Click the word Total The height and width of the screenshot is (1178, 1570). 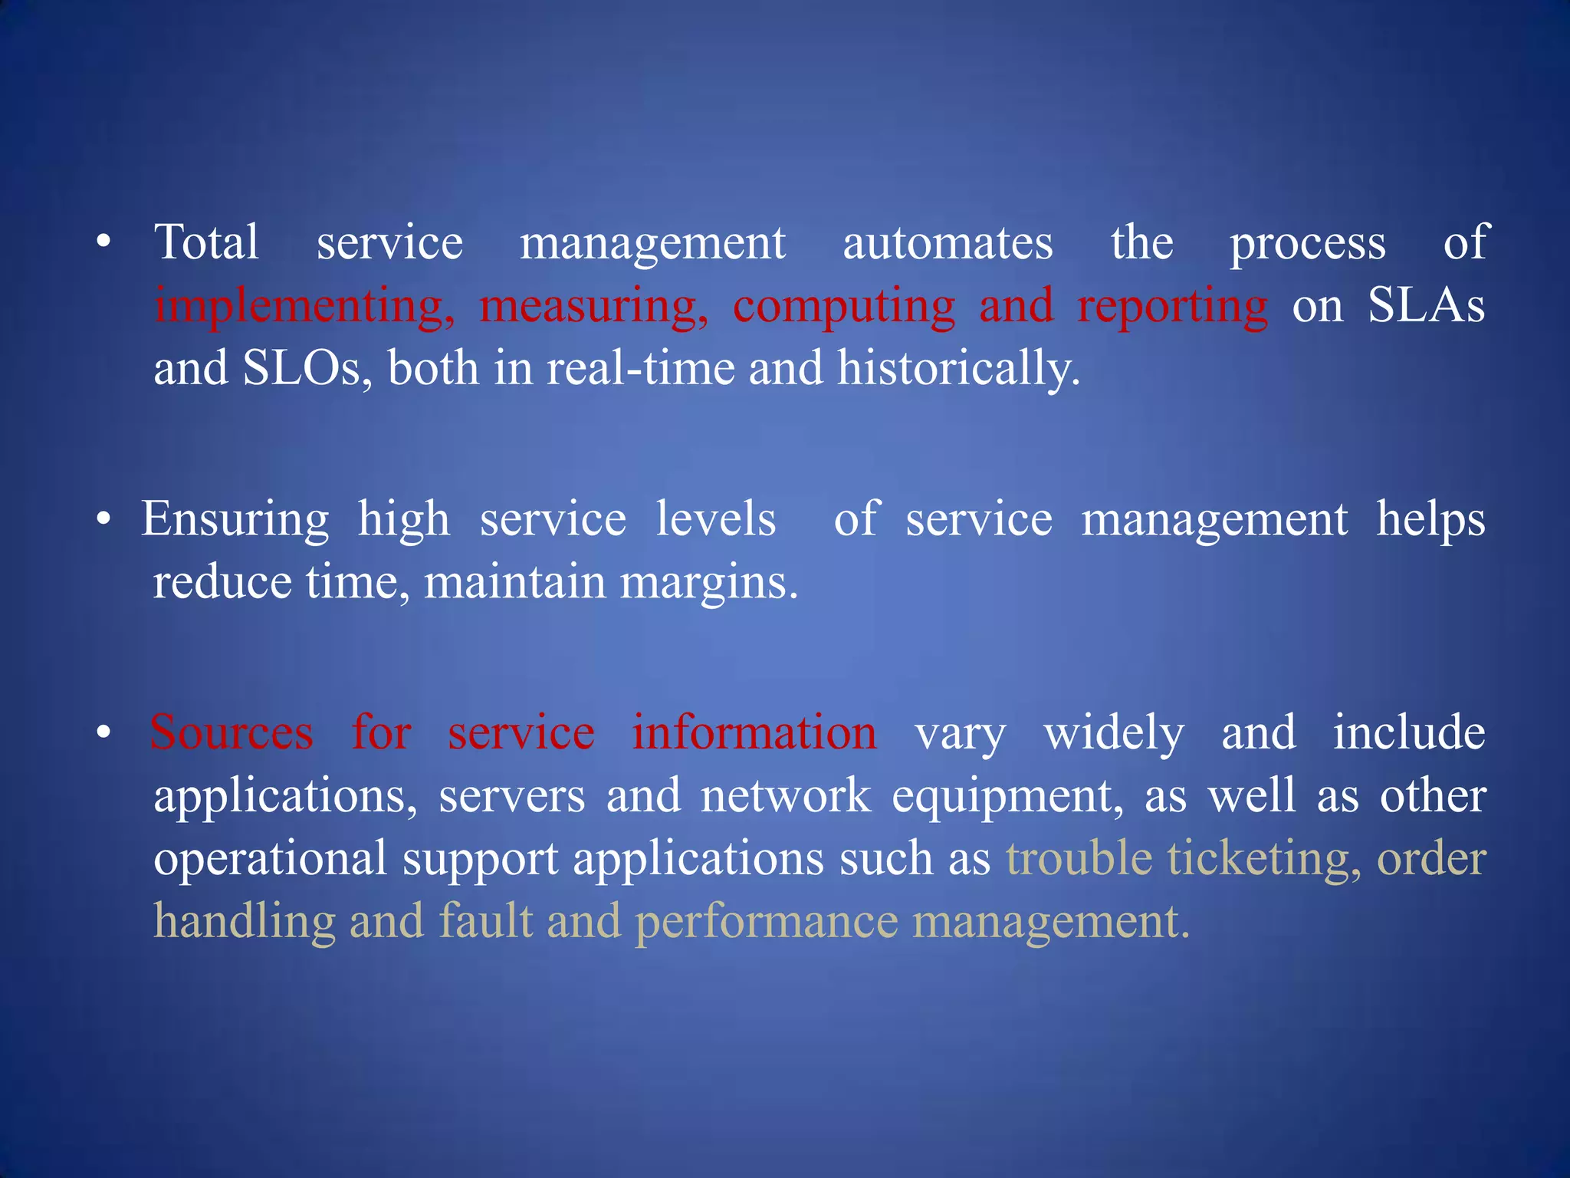pyautogui.click(x=206, y=243)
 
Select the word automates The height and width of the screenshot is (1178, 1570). pyautogui.click(x=948, y=243)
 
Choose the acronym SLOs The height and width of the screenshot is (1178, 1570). pyautogui.click(x=307, y=368)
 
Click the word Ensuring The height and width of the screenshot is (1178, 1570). pyautogui.click(x=235, y=520)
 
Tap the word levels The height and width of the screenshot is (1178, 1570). pyautogui.click(x=716, y=520)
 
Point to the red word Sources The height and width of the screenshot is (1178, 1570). pyautogui.click(x=232, y=733)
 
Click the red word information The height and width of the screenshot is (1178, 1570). pyautogui.click(x=754, y=733)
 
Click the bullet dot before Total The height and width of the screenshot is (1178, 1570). pyautogui.click(x=104, y=244)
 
